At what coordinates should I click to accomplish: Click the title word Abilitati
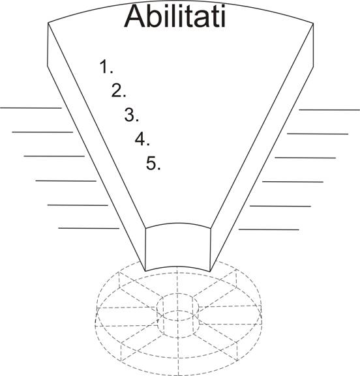(x=175, y=16)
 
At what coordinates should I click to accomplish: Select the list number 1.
(x=106, y=66)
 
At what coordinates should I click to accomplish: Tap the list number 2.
(x=119, y=91)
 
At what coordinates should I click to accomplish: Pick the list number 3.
(x=132, y=115)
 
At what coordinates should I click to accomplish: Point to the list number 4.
(x=142, y=139)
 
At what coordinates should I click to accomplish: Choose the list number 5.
(x=153, y=164)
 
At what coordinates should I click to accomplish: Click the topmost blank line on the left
(x=31, y=108)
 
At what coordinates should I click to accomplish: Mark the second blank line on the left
(x=42, y=132)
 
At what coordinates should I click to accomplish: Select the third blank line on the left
(x=54, y=156)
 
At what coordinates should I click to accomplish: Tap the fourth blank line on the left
(x=66, y=181)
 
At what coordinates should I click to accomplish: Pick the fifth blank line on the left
(x=78, y=205)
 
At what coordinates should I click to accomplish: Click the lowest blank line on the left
(x=89, y=228)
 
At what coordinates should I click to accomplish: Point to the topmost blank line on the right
(x=329, y=110)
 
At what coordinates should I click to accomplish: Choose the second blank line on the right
(x=318, y=134)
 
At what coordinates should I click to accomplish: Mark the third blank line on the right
(x=305, y=158)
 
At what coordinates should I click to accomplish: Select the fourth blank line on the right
(x=293, y=182)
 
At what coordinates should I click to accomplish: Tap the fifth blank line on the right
(x=280, y=206)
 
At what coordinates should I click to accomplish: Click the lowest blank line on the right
(x=269, y=229)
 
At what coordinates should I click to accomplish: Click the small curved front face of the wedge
(x=178, y=247)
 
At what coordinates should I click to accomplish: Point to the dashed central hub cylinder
(x=177, y=315)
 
